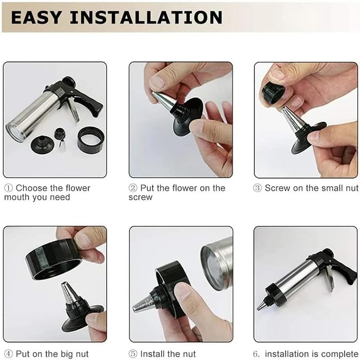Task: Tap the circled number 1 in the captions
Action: pyautogui.click(x=9, y=188)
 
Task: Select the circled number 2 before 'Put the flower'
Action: pyautogui.click(x=133, y=188)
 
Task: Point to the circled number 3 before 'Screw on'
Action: pyautogui.click(x=258, y=188)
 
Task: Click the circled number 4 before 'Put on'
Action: pyautogui.click(x=9, y=354)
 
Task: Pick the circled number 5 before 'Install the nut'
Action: pyautogui.click(x=133, y=354)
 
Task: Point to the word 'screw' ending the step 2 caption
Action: pyautogui.click(x=140, y=198)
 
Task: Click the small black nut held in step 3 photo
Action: pyautogui.click(x=273, y=92)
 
